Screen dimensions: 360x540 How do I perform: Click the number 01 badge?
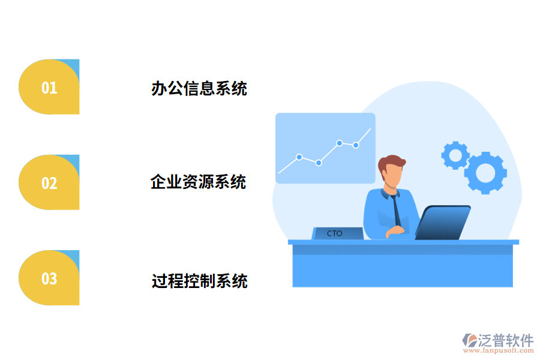pos(49,88)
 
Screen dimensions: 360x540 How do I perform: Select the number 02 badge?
pos(49,183)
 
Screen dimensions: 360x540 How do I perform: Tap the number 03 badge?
pos(49,278)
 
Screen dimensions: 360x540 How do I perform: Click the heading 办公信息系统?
pos(199,89)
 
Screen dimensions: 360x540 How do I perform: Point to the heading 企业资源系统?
pos(198,182)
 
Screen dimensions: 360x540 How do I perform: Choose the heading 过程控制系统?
pos(199,280)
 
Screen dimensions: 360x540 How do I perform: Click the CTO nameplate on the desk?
pos(337,233)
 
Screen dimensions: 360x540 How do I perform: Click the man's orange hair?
pos(391,163)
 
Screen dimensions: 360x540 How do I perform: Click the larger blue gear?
pos(485,173)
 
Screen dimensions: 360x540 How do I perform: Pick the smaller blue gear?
pos(455,155)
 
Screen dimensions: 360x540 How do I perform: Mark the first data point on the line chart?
pos(299,157)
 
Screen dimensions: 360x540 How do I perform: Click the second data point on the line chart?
pos(319,163)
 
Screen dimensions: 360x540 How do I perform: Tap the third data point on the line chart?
pos(340,143)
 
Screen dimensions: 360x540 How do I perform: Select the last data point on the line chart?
pos(356,145)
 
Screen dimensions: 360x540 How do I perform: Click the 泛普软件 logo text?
pos(505,340)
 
